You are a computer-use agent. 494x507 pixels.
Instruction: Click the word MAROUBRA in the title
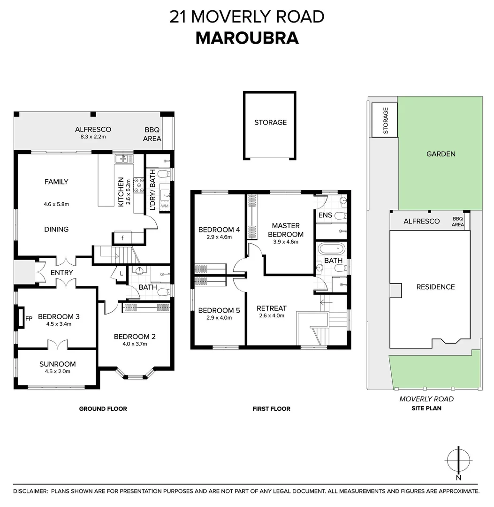[247, 38]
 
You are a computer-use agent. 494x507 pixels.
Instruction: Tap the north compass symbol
[458, 460]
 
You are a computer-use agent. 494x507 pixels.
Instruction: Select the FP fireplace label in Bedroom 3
[29, 318]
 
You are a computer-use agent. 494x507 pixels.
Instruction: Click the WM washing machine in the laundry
[165, 206]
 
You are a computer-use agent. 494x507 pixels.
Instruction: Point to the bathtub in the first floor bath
[332, 249]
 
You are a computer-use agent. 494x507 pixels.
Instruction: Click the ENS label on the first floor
[325, 215]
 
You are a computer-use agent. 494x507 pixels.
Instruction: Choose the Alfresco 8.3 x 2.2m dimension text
[93, 137]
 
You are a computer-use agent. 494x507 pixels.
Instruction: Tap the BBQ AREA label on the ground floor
[152, 134]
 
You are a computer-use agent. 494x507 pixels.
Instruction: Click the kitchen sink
[124, 159]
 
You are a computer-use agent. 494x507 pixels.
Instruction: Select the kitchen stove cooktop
[139, 185]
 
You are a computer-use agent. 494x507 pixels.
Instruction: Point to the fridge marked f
[122, 238]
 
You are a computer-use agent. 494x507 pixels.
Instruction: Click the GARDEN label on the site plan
[441, 154]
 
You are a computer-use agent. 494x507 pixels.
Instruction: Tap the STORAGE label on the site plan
[386, 121]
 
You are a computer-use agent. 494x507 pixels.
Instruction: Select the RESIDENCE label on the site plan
[435, 287]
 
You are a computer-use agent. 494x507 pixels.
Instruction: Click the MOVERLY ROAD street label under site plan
[426, 399]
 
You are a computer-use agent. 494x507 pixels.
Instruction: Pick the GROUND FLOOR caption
[103, 409]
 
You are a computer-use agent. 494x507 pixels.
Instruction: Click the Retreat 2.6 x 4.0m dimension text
[272, 315]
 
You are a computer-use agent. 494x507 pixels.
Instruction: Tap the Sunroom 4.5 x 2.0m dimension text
[58, 371]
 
